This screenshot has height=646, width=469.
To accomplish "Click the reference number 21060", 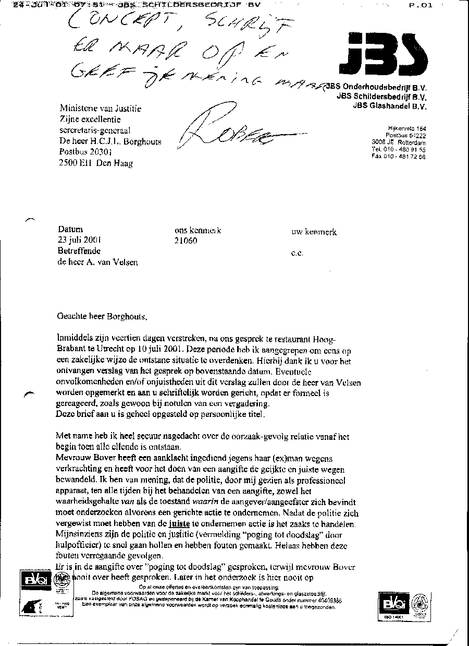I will tap(187, 241).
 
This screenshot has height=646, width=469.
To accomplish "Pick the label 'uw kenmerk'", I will tap(314, 232).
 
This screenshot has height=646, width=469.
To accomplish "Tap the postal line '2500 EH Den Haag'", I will tap(96, 163).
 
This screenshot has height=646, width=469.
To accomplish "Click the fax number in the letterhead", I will tap(399, 157).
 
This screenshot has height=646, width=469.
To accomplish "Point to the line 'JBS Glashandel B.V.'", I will tap(389, 106).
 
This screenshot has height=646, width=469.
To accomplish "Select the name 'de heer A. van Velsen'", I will tap(98, 262).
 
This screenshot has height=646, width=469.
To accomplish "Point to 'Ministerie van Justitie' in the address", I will tap(101, 109).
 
